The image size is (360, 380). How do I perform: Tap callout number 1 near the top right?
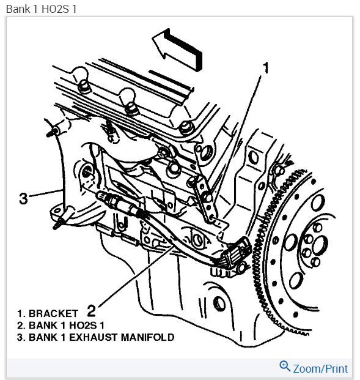pyautogui.click(x=266, y=67)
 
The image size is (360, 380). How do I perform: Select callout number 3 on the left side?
pyautogui.click(x=23, y=198)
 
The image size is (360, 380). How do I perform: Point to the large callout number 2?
pyautogui.click(x=91, y=310)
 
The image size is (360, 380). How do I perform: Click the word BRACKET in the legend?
pyautogui.click(x=54, y=313)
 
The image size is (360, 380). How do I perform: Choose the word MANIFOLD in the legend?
pyautogui.click(x=147, y=337)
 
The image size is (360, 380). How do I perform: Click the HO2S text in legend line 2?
pyautogui.click(x=83, y=325)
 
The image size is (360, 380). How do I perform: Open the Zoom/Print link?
pyautogui.click(x=320, y=368)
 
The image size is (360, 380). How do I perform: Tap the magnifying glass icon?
pyautogui.click(x=285, y=366)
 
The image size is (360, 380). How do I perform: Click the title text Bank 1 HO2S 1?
pyautogui.click(x=41, y=9)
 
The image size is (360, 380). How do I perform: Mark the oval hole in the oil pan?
pyautogui.click(x=219, y=304)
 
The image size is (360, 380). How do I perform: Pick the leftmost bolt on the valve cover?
pyautogui.click(x=84, y=86)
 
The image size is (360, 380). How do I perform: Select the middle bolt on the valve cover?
pyautogui.click(x=131, y=108)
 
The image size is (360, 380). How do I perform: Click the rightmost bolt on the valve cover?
pyautogui.click(x=187, y=128)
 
